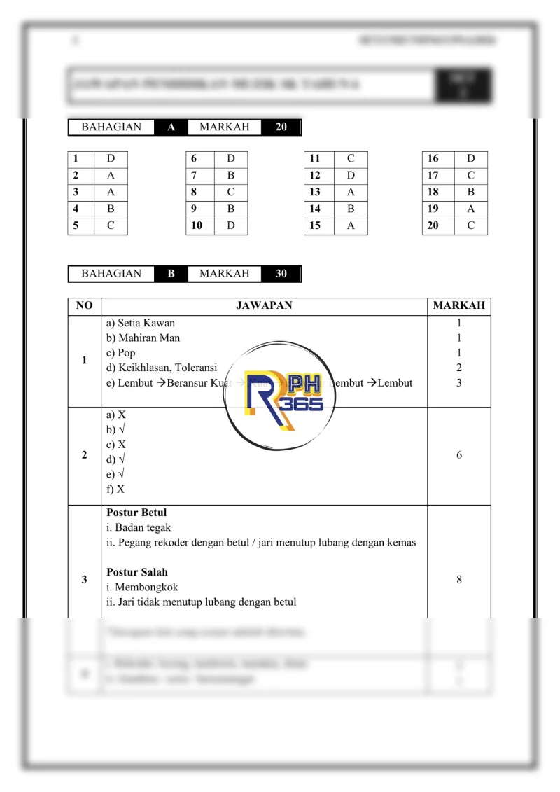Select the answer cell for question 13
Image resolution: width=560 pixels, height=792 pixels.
tap(351, 192)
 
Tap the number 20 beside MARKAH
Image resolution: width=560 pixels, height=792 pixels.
tap(281, 127)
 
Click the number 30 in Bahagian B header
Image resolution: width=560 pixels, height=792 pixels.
tap(281, 274)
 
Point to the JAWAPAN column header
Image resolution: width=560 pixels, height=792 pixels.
tap(264, 306)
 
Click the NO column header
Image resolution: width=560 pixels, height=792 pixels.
tap(84, 306)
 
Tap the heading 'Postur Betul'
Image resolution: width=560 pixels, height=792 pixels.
tap(136, 513)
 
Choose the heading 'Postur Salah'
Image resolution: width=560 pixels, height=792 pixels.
tap(137, 572)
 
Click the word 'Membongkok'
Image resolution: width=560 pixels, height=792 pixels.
tap(146, 588)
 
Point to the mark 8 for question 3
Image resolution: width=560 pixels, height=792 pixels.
tap(459, 580)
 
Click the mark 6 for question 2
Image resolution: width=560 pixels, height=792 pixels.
tap(459, 455)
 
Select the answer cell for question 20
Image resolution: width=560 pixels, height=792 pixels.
tap(471, 225)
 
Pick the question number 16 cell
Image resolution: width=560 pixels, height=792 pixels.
tap(434, 159)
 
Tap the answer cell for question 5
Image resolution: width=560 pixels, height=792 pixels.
tap(111, 225)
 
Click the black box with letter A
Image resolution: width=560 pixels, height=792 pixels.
tap(171, 127)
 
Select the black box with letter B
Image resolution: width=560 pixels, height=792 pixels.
tap(171, 274)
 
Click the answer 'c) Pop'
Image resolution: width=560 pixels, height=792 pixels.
tap(121, 353)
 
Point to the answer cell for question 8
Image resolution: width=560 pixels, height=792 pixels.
tap(231, 192)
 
